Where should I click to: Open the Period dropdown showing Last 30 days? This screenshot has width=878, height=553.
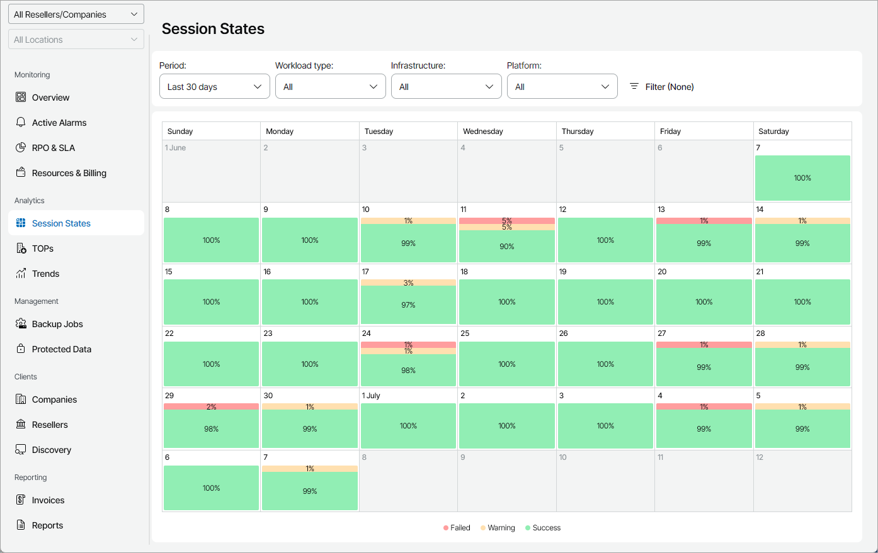click(214, 87)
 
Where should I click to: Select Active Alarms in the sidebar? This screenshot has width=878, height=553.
click(59, 123)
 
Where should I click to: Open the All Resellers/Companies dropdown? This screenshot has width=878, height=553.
click(76, 14)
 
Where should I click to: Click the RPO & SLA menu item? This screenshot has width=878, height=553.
click(54, 148)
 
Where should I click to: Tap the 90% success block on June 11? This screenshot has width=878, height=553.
click(506, 246)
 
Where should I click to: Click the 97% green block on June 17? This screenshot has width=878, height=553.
click(408, 304)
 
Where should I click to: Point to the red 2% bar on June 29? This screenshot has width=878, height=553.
click(211, 407)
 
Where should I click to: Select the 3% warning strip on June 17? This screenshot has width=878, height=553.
click(408, 283)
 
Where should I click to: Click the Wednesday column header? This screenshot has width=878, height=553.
click(483, 131)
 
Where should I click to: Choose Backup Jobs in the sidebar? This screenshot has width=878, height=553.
click(57, 324)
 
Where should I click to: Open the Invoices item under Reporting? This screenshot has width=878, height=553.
click(48, 500)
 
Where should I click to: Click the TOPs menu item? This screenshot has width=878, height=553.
click(43, 249)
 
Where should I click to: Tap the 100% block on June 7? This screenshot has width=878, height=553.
click(802, 178)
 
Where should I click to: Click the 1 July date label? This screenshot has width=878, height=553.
click(371, 396)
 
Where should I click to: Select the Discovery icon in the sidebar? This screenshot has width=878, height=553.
click(21, 450)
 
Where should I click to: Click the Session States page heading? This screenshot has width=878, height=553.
click(213, 29)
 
